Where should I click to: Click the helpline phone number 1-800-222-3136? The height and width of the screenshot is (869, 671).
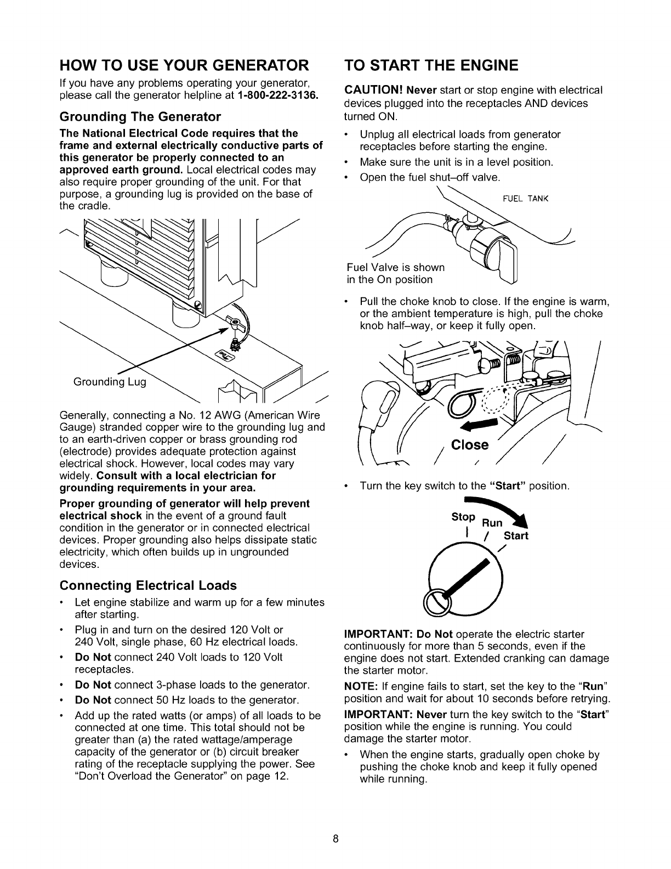pos(277,97)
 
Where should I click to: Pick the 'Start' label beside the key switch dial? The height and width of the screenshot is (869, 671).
pos(516,535)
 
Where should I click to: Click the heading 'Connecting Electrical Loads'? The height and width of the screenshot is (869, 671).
pos(148,585)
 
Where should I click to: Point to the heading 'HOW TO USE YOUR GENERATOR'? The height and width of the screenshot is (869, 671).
pos(184,66)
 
